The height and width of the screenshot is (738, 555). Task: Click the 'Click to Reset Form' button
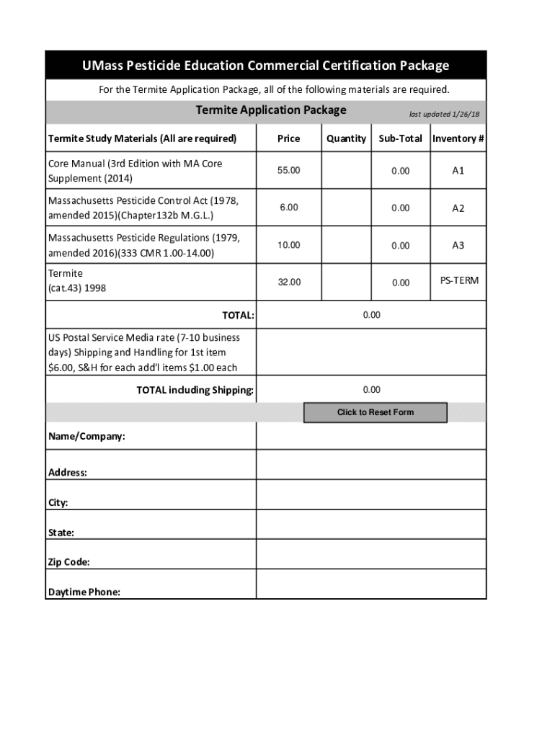375,412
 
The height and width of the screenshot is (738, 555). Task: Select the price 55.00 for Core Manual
288,170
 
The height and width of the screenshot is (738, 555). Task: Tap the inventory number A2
458,208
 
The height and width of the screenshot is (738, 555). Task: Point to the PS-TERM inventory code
459,280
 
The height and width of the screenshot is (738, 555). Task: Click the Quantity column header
346,138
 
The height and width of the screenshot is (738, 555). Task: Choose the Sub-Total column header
400,138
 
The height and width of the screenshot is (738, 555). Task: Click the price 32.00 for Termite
288,283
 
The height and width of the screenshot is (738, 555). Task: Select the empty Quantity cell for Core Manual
346,170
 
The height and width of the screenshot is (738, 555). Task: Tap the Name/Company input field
371,436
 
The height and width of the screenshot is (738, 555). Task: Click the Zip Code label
69,562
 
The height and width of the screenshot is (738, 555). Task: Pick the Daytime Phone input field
371,584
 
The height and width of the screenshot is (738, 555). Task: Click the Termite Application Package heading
271,110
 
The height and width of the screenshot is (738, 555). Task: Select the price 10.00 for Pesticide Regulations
288,245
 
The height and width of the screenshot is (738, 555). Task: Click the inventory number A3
458,245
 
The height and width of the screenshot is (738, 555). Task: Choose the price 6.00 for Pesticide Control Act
288,208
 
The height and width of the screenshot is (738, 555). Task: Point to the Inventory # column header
458,138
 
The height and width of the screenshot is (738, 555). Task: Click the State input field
371,525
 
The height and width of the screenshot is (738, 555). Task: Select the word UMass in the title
102,66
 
